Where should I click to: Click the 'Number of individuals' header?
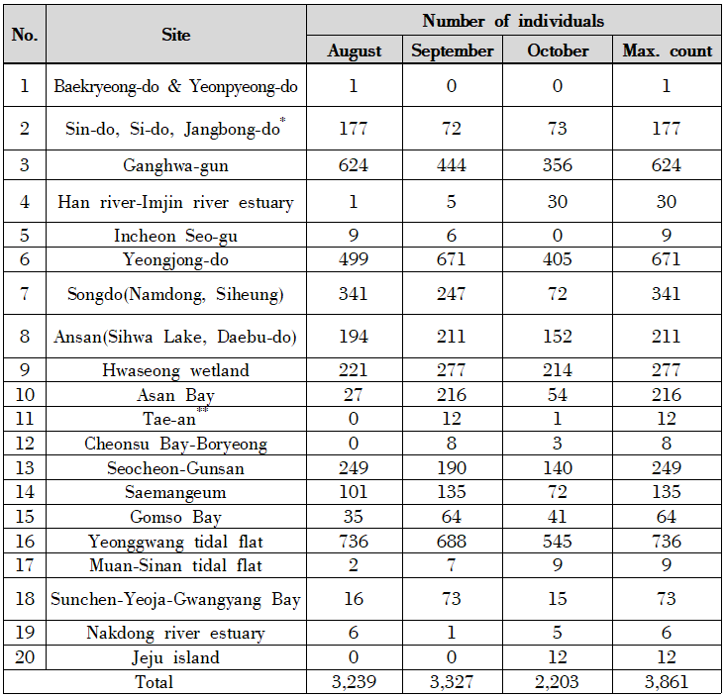click(513, 20)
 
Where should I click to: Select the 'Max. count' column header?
click(667, 50)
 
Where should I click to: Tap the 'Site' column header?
click(175, 35)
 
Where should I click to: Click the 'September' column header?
click(452, 50)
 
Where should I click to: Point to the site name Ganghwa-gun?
click(175, 165)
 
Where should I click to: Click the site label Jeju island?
click(175, 657)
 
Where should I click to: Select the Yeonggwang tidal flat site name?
click(175, 542)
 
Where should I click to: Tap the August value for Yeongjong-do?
click(353, 259)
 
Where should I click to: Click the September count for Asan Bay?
click(452, 395)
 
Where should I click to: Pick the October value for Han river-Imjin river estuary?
click(558, 203)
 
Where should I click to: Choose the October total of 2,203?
click(558, 681)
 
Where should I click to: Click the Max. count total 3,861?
click(667, 681)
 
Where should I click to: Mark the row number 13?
click(25, 467)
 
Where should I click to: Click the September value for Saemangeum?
click(452, 492)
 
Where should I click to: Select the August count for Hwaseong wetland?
click(353, 371)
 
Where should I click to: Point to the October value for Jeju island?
click(558, 657)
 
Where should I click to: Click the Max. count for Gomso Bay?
click(667, 517)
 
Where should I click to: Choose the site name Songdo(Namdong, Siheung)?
click(175, 294)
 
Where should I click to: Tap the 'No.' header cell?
click(25, 35)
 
